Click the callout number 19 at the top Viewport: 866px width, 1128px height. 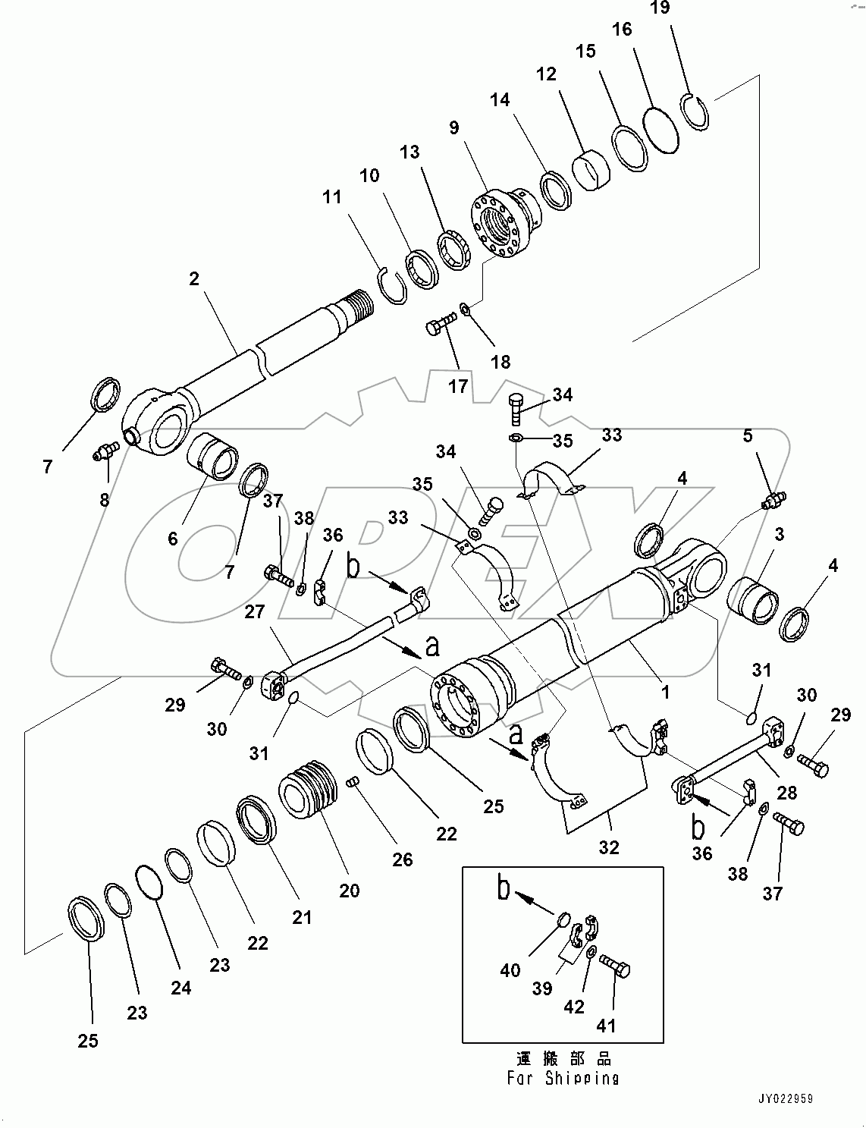click(660, 8)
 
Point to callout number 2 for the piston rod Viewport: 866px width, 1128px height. click(194, 279)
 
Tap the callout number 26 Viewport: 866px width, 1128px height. click(402, 859)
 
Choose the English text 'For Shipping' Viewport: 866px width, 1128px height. click(563, 1078)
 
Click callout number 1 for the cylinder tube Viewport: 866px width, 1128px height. click(665, 693)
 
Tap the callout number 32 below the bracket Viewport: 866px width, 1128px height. click(609, 847)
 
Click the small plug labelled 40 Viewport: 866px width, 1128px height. click(562, 920)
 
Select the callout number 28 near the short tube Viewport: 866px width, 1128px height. click(787, 793)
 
